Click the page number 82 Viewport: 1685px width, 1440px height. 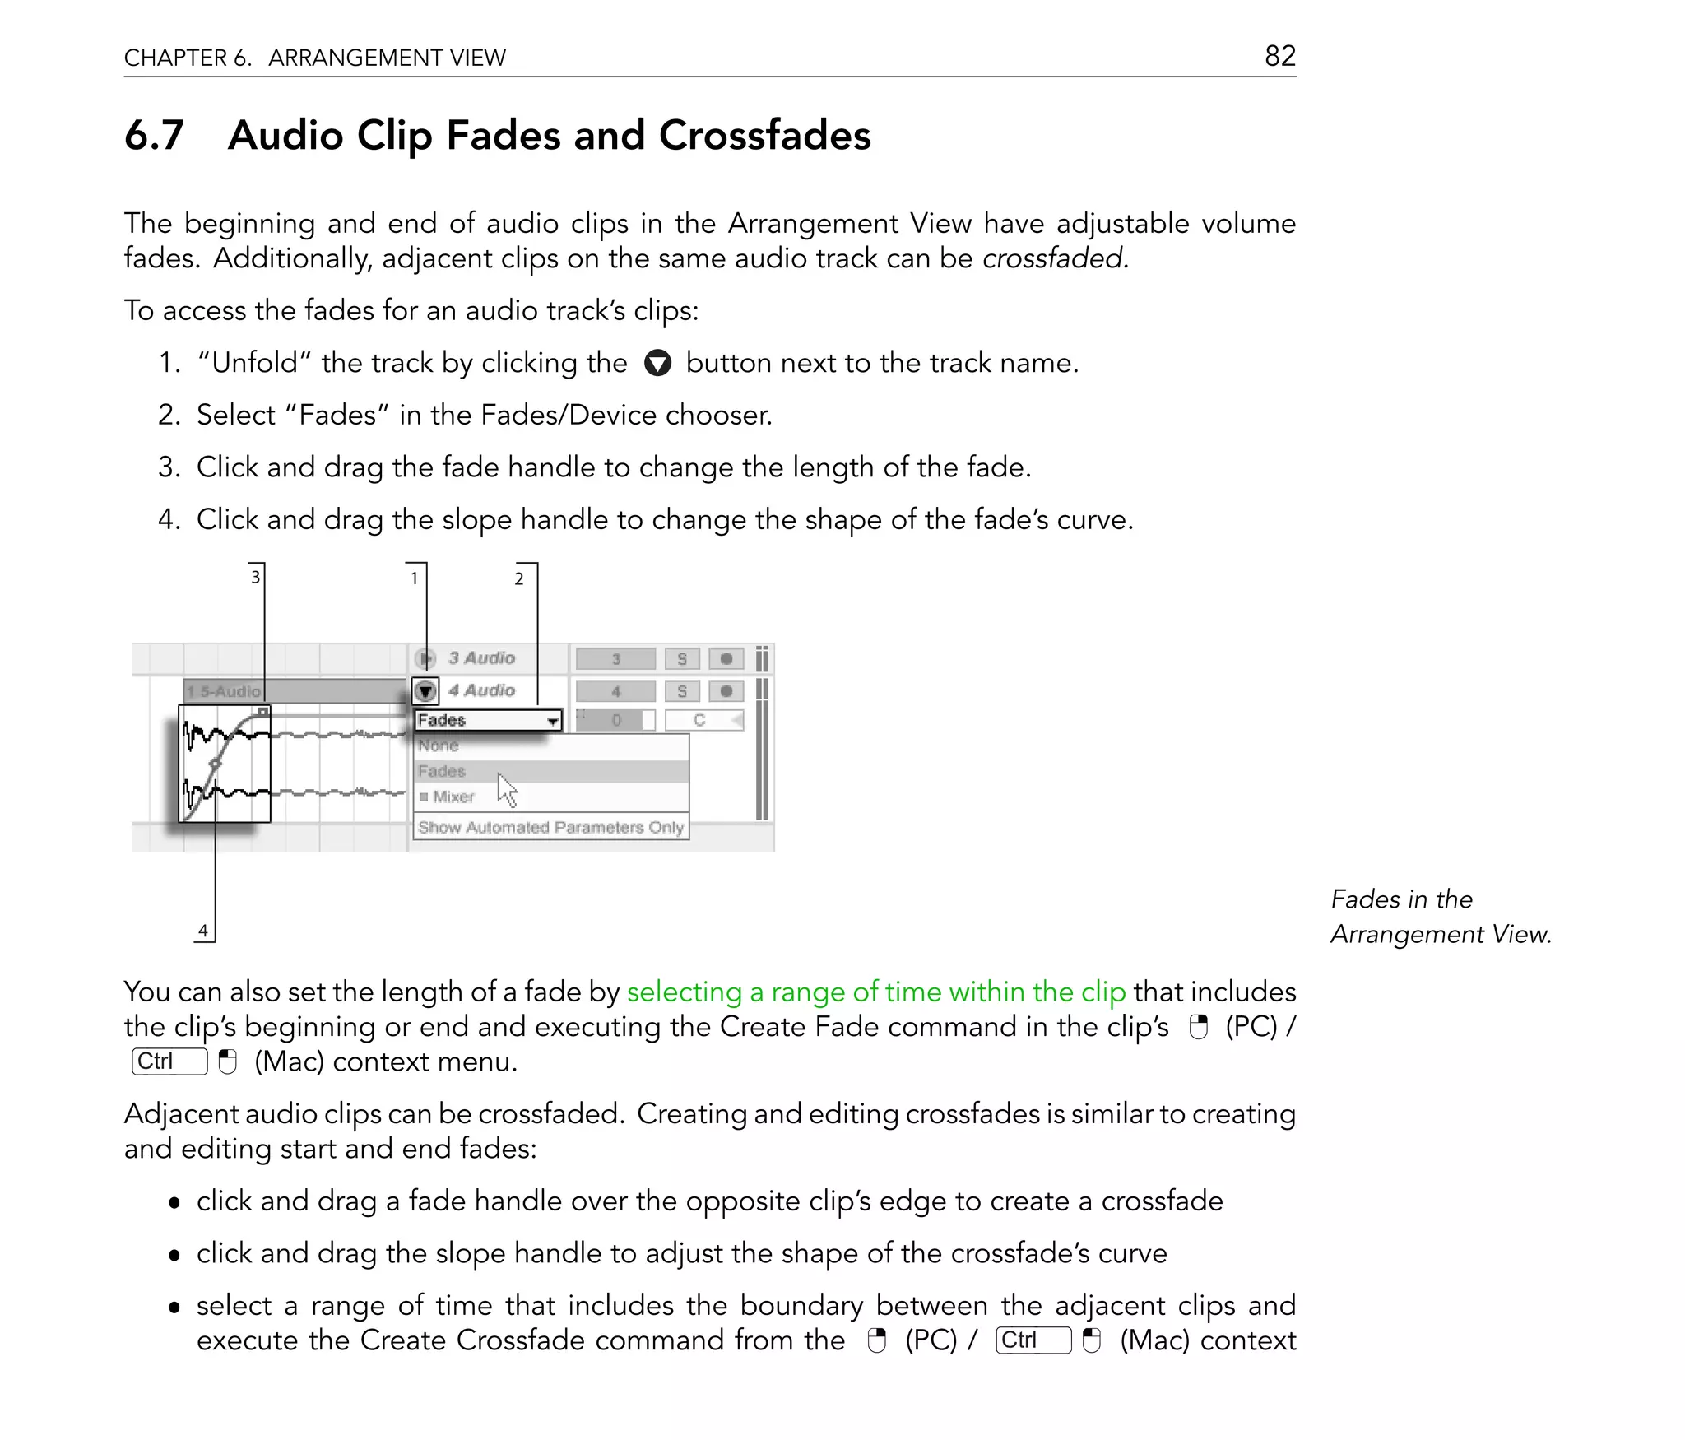1279,56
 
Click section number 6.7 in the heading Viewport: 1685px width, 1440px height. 154,135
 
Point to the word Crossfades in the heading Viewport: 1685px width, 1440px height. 764,135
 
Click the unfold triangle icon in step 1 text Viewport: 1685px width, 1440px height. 657,363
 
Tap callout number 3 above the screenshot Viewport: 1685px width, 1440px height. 255,577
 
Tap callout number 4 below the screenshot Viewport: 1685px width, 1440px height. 202,931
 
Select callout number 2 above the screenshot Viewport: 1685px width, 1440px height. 518,578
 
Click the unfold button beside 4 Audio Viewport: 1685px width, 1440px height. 425,691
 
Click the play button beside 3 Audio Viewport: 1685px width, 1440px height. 425,658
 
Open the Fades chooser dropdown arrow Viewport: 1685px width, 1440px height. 553,721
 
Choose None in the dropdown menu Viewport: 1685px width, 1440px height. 439,746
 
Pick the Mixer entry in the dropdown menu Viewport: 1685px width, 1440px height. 453,797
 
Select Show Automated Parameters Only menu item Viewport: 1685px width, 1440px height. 550,827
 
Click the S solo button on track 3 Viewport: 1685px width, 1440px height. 681,659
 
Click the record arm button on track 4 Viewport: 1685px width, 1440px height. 726,691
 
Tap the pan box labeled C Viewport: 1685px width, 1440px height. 700,721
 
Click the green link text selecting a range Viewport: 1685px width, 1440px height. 875,992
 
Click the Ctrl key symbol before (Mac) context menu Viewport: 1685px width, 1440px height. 169,1061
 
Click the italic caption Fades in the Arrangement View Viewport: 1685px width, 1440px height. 1440,917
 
